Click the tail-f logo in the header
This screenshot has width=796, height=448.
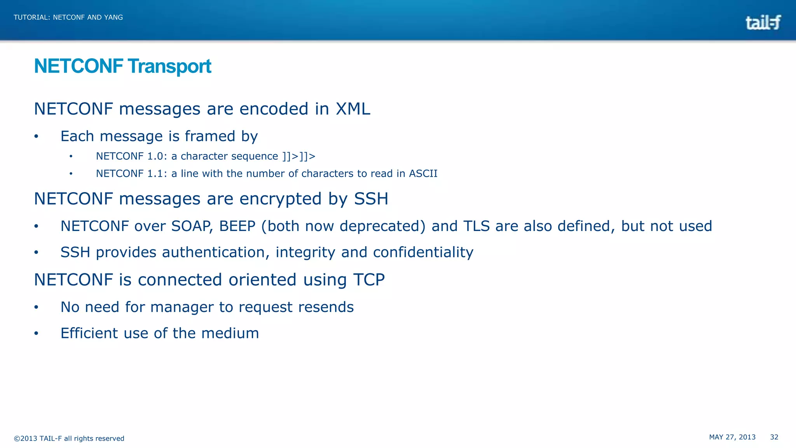[763, 23]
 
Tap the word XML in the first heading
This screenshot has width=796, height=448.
[353, 109]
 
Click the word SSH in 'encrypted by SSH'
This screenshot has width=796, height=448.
[371, 199]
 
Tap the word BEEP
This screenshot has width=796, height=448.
[237, 226]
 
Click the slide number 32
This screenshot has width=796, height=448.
[774, 437]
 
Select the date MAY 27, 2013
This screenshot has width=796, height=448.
[732, 437]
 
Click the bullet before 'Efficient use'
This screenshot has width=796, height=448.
[36, 334]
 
